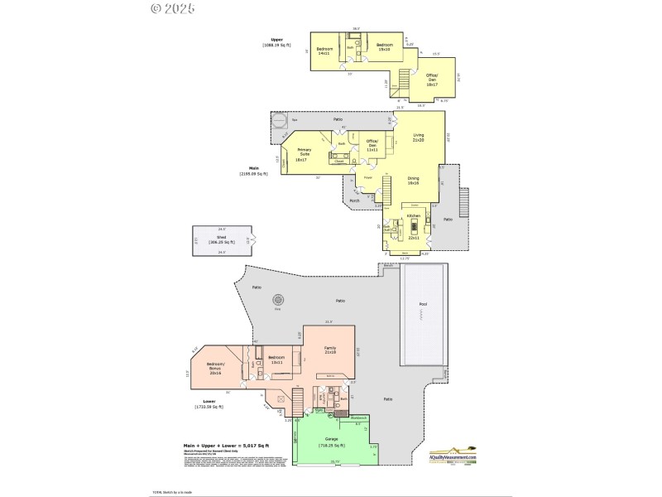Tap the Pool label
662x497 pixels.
tap(424, 304)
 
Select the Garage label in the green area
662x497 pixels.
tap(330, 442)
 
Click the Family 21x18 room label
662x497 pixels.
tap(329, 350)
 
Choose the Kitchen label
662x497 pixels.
tap(414, 215)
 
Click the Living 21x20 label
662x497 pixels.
tap(419, 138)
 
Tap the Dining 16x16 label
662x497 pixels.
tap(414, 181)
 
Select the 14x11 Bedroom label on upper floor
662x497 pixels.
tap(324, 51)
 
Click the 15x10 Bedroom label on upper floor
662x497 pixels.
tap(384, 46)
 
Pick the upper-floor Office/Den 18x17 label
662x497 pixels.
tap(432, 79)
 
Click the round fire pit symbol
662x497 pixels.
tap(278, 300)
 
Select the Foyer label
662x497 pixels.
tap(367, 177)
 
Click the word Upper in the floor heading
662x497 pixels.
tap(276, 39)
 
